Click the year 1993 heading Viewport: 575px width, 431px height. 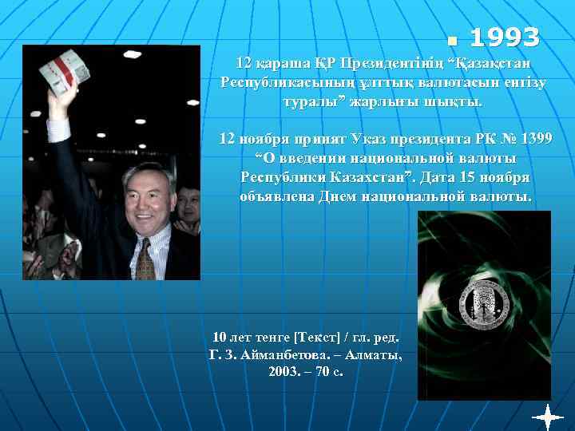tap(504, 38)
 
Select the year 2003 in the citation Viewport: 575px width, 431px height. tap(285, 373)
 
